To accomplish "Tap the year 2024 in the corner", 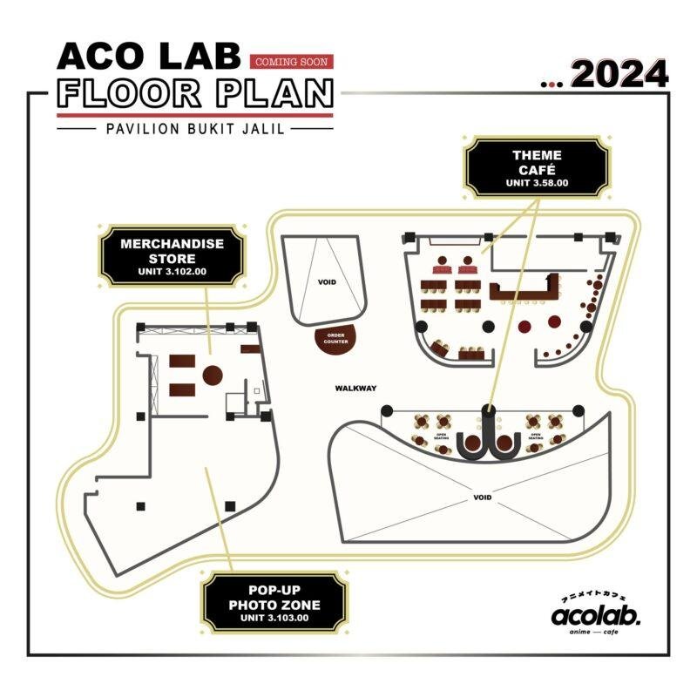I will click(x=619, y=75).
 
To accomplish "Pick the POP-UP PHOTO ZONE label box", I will click(x=274, y=602).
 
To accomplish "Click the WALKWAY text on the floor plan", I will click(x=354, y=388).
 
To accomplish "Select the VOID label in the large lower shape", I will click(x=482, y=497).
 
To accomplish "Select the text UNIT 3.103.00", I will click(x=274, y=618).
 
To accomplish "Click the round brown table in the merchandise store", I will click(x=213, y=375).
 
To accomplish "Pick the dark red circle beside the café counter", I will click(x=524, y=326).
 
